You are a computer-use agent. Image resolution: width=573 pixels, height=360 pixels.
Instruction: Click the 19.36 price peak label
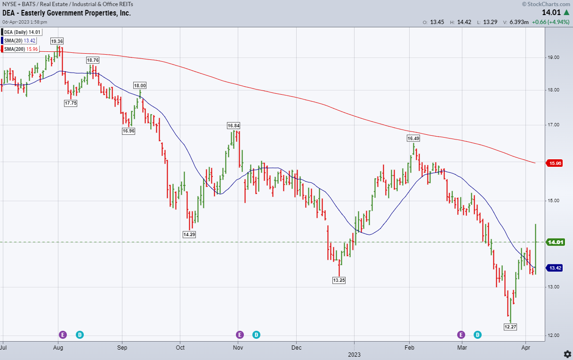[57, 41]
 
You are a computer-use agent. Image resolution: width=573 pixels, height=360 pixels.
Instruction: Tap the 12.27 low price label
[510, 327]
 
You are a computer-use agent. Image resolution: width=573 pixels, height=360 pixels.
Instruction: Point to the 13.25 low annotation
[339, 280]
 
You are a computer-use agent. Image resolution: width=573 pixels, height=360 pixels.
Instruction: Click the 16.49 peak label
[413, 138]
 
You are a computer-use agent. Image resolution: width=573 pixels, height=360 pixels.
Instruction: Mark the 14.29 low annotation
[189, 234]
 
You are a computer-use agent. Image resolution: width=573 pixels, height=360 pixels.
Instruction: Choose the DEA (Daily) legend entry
[22, 32]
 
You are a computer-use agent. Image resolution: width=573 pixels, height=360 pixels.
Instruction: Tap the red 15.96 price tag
[554, 164]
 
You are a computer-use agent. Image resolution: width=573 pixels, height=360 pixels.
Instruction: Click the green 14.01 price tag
[554, 242]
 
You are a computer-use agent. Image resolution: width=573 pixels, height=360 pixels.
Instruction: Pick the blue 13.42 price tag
[554, 268]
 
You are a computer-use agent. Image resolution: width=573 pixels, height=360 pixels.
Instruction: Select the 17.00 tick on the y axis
[554, 125]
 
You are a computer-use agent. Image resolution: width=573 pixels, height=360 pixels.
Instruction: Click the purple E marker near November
[240, 335]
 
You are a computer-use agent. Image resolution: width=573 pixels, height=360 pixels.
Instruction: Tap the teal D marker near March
[478, 335]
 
